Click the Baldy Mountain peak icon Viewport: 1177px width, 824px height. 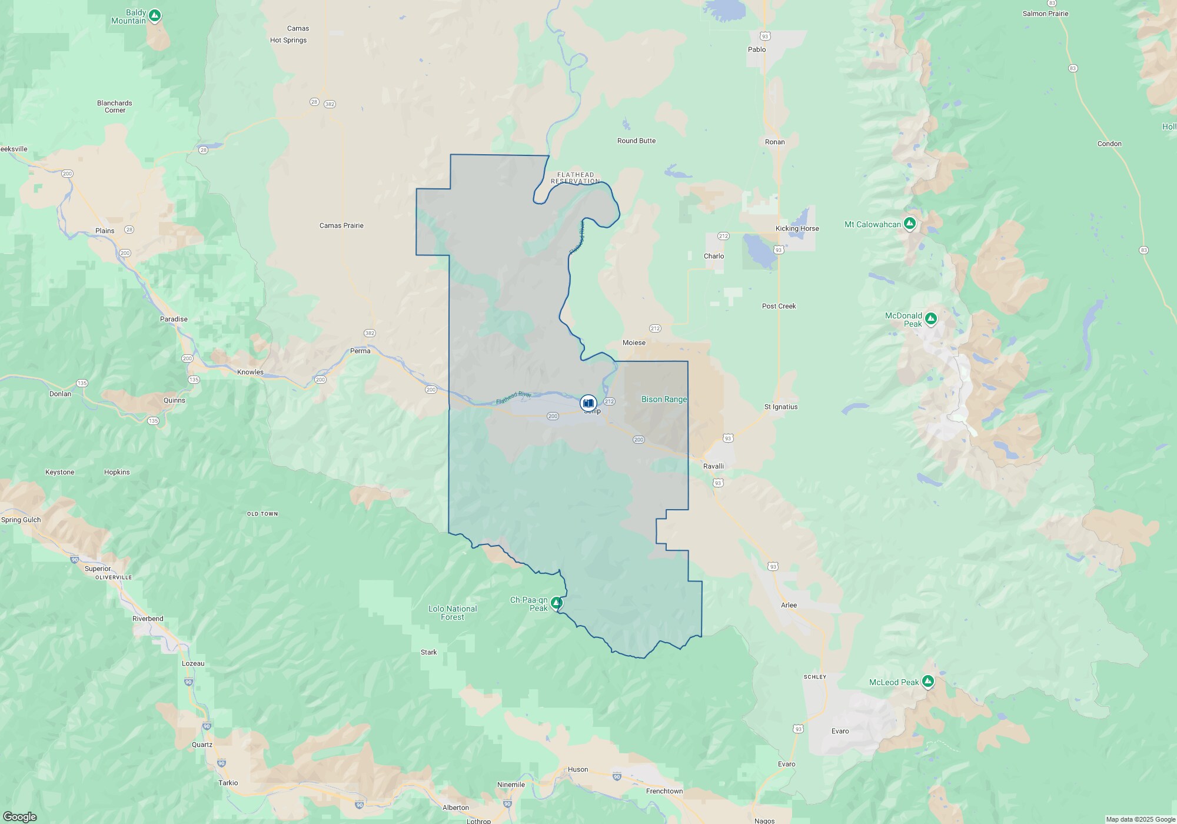(x=154, y=15)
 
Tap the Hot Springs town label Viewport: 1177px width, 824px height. (x=288, y=40)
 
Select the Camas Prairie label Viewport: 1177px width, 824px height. (x=341, y=225)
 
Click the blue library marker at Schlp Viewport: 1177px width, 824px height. (x=588, y=403)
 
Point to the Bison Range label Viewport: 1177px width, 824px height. (x=664, y=399)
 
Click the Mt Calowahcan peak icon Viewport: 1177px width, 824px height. (x=910, y=224)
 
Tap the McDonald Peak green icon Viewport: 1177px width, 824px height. (x=930, y=318)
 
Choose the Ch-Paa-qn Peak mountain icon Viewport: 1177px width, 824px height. (x=556, y=603)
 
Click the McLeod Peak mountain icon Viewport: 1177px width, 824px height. (x=928, y=682)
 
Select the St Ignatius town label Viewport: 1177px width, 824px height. (x=781, y=407)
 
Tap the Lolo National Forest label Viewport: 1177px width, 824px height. (x=453, y=613)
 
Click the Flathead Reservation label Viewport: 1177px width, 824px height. (x=576, y=178)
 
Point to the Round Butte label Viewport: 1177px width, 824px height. (x=636, y=141)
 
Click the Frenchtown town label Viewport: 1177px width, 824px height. (x=664, y=791)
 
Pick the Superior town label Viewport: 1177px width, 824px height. (x=98, y=569)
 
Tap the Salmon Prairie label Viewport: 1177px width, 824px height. (x=1045, y=14)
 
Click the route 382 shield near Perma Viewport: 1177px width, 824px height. (x=369, y=333)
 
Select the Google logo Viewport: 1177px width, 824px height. (x=19, y=817)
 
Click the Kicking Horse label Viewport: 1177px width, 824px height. (x=797, y=228)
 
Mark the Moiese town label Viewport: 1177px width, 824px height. (x=634, y=343)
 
